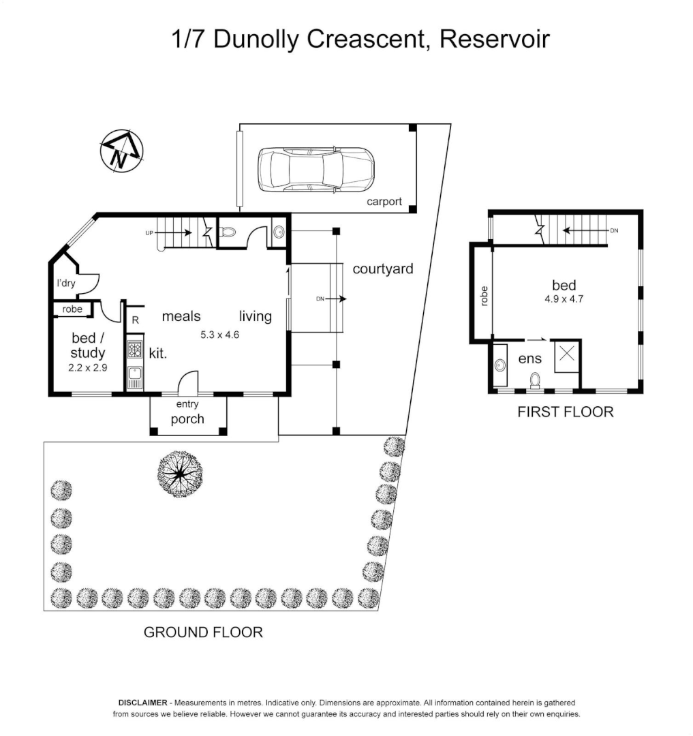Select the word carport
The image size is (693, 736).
pos(384,202)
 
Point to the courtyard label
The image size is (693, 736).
pos(382,269)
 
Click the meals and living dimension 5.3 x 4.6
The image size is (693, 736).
pos(220,334)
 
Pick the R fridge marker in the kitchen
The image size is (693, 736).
pos(136,319)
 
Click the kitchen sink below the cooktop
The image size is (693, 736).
pos(134,377)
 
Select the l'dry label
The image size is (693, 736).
pos(65,283)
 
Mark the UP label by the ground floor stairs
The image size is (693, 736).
pos(149,233)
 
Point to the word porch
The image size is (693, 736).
pos(187,419)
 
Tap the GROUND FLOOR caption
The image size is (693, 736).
pos(203,632)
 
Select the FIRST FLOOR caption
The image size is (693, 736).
pos(565,412)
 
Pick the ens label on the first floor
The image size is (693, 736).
pos(529,358)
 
